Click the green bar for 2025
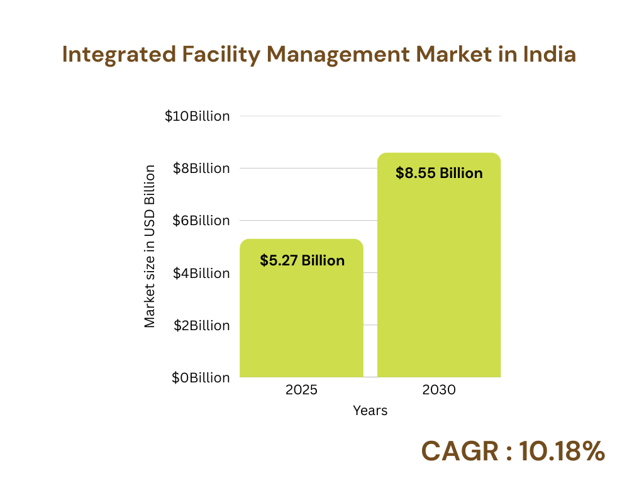pyautogui.click(x=301, y=314)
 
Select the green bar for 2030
pyautogui.click(x=438, y=277)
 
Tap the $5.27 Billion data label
pyautogui.click(x=302, y=260)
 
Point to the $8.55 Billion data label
pyautogui.click(x=439, y=173)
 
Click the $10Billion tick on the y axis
pyautogui.click(x=197, y=116)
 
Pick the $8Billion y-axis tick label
pyautogui.click(x=200, y=169)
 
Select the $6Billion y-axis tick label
pyautogui.click(x=200, y=221)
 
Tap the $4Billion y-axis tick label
pyautogui.click(x=200, y=273)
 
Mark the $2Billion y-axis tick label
pyautogui.click(x=200, y=325)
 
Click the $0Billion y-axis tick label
pyautogui.click(x=200, y=377)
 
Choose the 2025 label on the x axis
pyautogui.click(x=301, y=390)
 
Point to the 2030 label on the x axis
pyautogui.click(x=438, y=390)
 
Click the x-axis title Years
pyautogui.click(x=370, y=411)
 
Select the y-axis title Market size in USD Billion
pyautogui.click(x=150, y=246)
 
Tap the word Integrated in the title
pyautogui.click(x=118, y=55)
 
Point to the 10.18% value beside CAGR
pyautogui.click(x=562, y=451)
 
